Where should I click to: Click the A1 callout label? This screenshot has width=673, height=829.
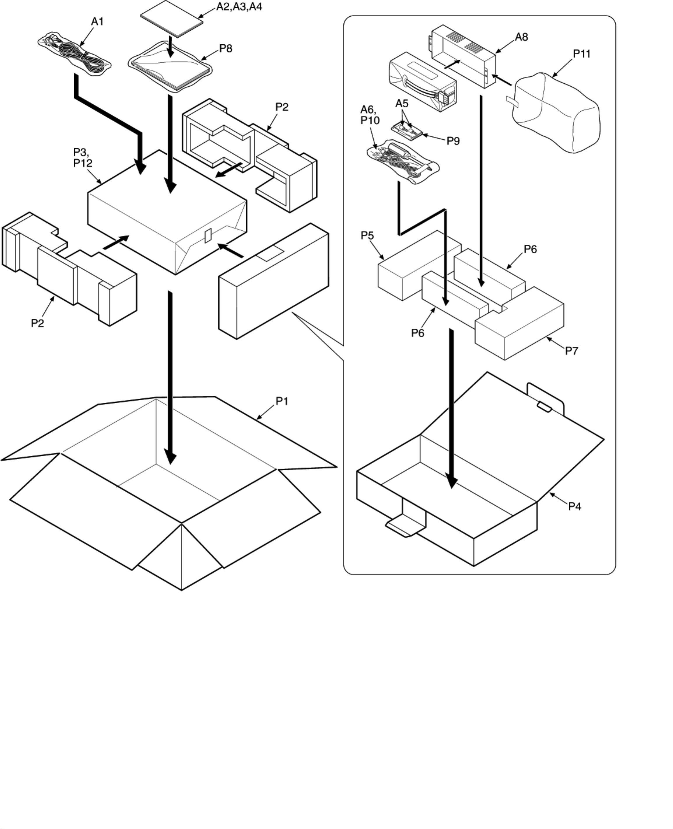[x=97, y=22]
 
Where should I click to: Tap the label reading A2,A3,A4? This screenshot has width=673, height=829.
[x=239, y=7]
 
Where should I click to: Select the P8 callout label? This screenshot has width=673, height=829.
[x=226, y=48]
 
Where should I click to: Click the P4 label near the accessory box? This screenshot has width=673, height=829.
[x=574, y=506]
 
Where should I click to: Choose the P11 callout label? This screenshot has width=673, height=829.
[x=581, y=54]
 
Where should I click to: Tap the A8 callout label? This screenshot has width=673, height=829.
[x=521, y=37]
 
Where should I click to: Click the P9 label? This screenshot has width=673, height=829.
[x=453, y=141]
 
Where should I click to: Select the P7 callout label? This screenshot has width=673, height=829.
[x=572, y=351]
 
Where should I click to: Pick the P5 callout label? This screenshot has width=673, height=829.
[x=367, y=235]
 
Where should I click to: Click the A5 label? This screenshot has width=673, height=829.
[x=402, y=104]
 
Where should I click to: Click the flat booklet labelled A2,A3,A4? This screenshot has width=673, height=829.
[x=172, y=18]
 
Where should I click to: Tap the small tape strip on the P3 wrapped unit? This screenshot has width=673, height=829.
[x=208, y=235]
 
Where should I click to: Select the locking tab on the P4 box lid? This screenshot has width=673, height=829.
[x=544, y=407]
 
